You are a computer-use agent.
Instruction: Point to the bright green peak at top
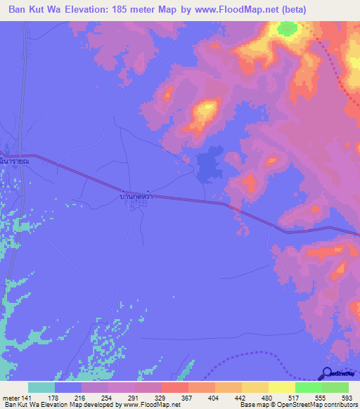(286, 29)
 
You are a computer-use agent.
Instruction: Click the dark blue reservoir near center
(209, 166)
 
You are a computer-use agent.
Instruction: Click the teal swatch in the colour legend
(41, 387)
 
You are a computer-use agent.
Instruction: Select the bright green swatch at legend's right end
(335, 387)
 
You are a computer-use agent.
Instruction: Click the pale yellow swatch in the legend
(282, 387)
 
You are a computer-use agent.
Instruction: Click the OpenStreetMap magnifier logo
(327, 373)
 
